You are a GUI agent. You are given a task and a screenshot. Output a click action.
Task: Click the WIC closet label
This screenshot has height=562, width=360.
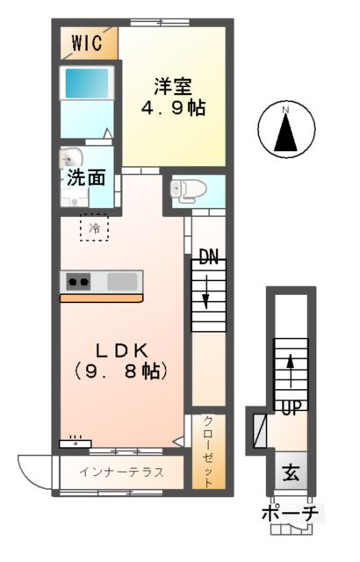[x=88, y=42]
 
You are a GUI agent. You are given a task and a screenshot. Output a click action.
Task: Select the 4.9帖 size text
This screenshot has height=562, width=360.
[x=175, y=110]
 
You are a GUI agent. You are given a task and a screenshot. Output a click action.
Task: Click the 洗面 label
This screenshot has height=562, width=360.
[x=87, y=178]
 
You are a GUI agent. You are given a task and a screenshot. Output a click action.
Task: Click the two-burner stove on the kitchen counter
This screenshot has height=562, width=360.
[x=78, y=282]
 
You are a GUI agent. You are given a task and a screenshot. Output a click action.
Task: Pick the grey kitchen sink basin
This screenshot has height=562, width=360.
[x=123, y=282]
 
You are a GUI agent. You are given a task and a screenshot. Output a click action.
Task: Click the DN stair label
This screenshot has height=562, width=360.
[x=208, y=258]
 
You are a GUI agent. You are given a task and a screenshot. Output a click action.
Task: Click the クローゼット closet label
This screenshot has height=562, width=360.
[x=208, y=450]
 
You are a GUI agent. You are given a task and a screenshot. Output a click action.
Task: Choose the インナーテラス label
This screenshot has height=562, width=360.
[x=121, y=472]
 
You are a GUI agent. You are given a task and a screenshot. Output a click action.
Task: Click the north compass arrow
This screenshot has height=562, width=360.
[x=286, y=130]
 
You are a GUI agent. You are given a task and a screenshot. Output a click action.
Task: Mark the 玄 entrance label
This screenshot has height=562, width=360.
[x=290, y=473]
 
